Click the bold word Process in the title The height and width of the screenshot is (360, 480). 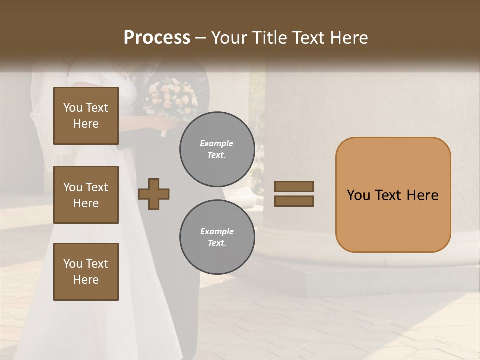157,38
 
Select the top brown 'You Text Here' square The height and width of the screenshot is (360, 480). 86,116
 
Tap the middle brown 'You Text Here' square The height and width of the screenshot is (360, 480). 86,195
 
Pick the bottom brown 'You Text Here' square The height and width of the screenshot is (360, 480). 86,272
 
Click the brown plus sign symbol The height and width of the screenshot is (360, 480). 154,194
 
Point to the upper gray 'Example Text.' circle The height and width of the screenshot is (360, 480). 217,149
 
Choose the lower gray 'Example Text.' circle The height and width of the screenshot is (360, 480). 217,237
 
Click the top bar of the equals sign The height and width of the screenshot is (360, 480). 294,186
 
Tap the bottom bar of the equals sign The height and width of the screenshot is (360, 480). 294,201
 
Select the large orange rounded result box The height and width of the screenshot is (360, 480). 393,195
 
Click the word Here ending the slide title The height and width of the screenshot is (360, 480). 348,38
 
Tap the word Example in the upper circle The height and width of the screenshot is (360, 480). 217,143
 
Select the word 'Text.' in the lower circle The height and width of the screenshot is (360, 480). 217,243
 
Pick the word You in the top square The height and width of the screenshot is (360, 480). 73,108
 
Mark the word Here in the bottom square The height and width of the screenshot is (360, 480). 86,280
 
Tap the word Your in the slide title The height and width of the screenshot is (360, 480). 229,38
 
